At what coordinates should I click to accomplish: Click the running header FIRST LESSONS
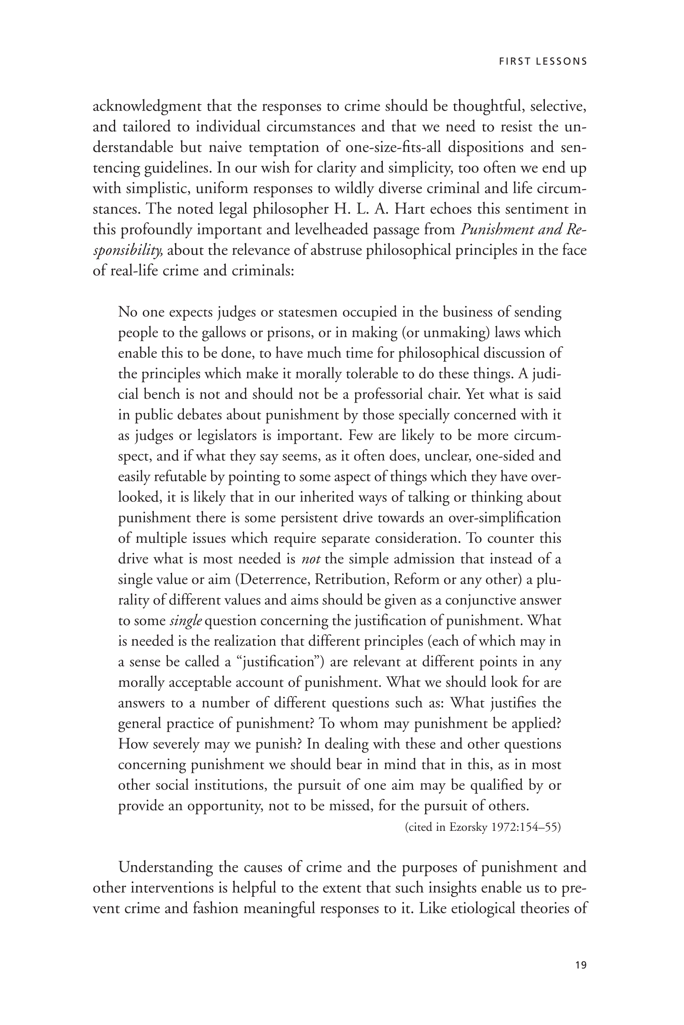[543, 62]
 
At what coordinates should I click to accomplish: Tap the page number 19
[581, 965]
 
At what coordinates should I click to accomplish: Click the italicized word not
[311, 559]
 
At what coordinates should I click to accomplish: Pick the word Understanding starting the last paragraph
[166, 867]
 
